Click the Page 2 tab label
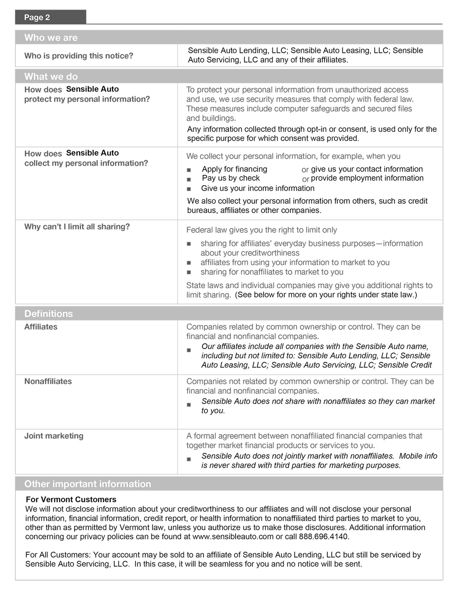tap(37, 17)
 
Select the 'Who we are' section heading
tap(51, 37)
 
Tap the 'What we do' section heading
tap(51, 76)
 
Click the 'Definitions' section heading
tap(48, 314)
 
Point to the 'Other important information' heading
tap(87, 484)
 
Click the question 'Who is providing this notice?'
tap(79, 56)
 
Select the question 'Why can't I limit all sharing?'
tap(77, 227)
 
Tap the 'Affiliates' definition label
tap(41, 327)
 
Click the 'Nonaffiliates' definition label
tap(48, 381)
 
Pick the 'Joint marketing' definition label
tap(54, 436)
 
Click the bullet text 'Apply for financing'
tap(234, 169)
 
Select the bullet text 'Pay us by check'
tap(231, 178)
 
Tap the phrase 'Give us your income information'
tap(258, 188)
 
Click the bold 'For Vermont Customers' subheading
tap(71, 499)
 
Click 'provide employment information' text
tap(367, 178)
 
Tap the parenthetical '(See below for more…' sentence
tap(326, 295)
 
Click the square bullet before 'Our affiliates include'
tap(189, 350)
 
